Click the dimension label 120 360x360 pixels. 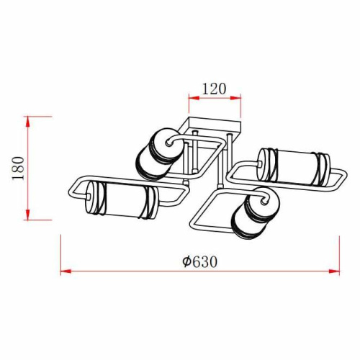[x=215, y=89]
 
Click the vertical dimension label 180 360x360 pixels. [x=19, y=168]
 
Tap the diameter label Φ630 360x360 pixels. [x=199, y=261]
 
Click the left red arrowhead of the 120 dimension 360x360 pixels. [x=194, y=97]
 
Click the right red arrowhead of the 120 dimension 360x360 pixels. [x=235, y=97]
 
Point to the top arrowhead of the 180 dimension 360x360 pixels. [x=28, y=122]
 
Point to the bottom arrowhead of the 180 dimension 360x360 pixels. [x=28, y=215]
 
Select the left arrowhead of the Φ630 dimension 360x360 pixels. [x=66, y=271]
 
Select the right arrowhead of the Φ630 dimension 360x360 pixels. [x=334, y=271]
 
